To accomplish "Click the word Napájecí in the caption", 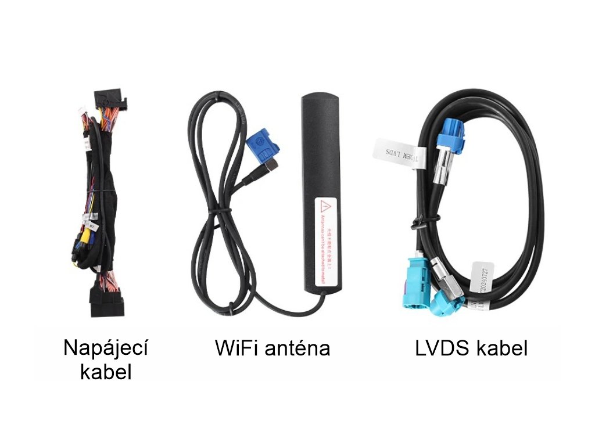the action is [105, 348].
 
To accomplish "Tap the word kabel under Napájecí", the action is [106, 372].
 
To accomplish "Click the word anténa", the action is [297, 348].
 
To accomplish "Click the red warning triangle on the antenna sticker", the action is [326, 206].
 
